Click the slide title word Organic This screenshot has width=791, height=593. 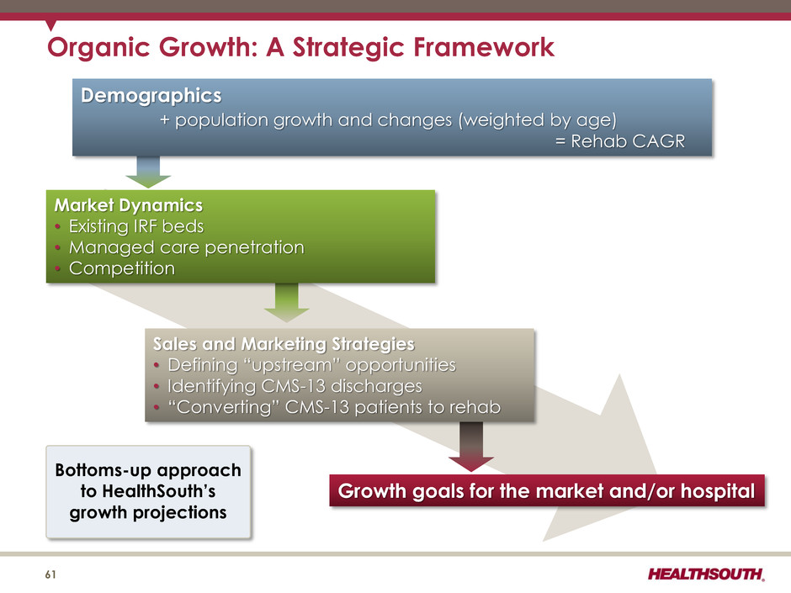pos(99,48)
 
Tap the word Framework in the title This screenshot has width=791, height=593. pos(485,47)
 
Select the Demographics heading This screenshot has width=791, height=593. pos(151,96)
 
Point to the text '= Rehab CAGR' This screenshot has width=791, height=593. pos(620,141)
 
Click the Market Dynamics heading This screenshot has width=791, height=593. pos(129,205)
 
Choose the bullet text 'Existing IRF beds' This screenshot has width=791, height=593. pos(136,226)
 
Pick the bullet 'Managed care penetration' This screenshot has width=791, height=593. pos(187,247)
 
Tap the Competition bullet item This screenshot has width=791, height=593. pos(122,268)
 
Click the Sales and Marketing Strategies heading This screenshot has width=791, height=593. pos(284,344)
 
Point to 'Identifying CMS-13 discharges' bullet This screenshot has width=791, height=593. pos(295,386)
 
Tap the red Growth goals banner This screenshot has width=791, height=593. pos(547,490)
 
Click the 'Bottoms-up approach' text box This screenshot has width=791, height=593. pos(148,492)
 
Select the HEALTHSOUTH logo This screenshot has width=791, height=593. pos(706,574)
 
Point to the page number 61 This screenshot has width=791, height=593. pos(50,574)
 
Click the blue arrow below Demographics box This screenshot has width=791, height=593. pos(148,172)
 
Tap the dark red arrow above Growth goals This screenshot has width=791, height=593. pos(471,447)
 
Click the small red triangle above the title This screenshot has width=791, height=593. pos(50,24)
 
